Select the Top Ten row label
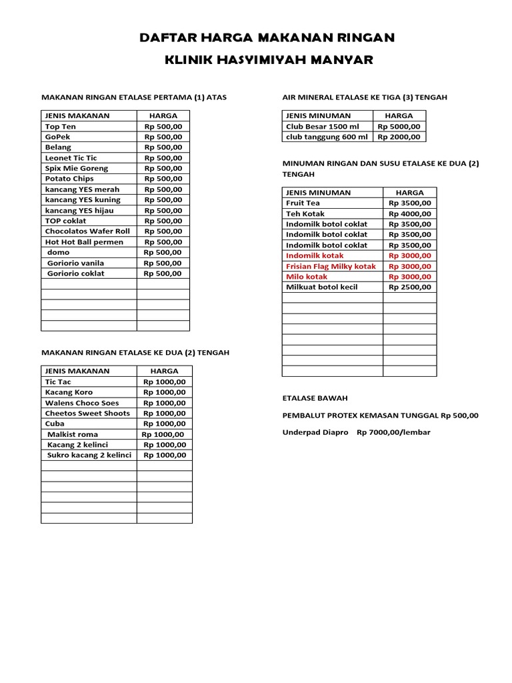[x=61, y=126]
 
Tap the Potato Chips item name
[x=69, y=179]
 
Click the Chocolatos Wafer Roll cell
[x=87, y=231]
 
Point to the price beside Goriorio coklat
[x=163, y=273]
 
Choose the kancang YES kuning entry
[x=83, y=199]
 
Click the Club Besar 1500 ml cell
[x=322, y=126]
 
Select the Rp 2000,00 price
[x=399, y=137]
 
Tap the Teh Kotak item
[x=305, y=213]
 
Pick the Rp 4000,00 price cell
[x=410, y=213]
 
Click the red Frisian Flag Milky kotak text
[x=331, y=266]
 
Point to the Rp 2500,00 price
[x=410, y=287]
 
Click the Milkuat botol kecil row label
[x=322, y=287]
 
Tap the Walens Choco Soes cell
[x=82, y=403]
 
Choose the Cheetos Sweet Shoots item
[x=87, y=414]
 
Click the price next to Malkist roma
[x=164, y=434]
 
